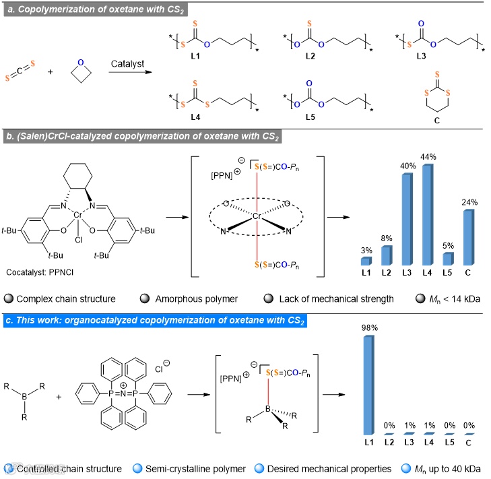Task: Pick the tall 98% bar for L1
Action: [368, 385]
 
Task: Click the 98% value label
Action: [368, 327]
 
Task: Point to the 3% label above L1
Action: [366, 251]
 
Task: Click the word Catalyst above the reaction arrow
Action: [128, 62]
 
